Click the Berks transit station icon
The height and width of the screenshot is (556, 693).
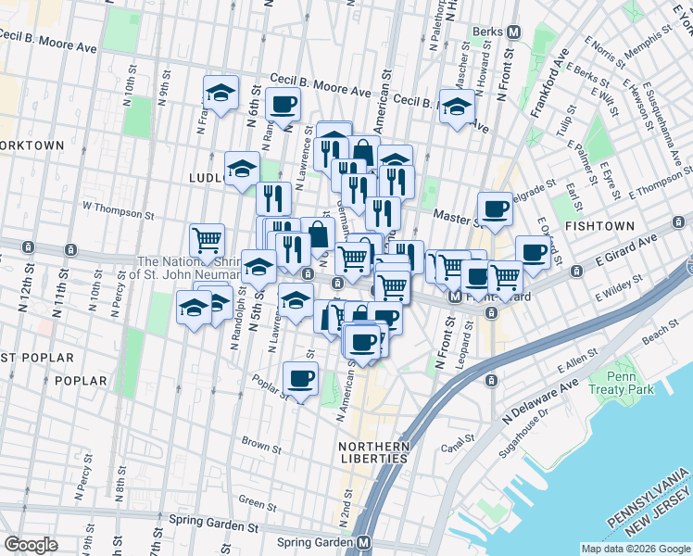[512, 32]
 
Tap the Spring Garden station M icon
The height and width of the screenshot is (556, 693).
[365, 543]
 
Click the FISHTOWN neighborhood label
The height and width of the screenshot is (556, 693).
[601, 226]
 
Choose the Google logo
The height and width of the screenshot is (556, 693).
[31, 545]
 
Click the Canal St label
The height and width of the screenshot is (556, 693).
[459, 448]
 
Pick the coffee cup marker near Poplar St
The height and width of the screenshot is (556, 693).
[299, 379]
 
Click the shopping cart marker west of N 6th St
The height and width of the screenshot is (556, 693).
[208, 240]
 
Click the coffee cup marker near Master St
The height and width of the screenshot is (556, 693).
[495, 208]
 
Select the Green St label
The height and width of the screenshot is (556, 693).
[251, 500]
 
